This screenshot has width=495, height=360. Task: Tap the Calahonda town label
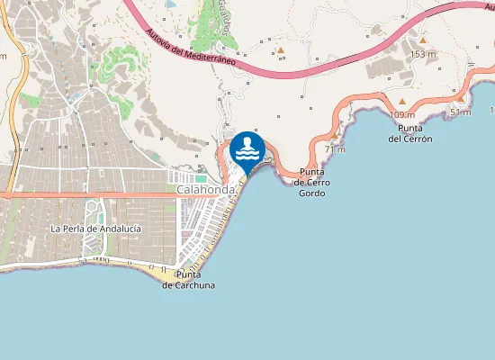click(x=206, y=191)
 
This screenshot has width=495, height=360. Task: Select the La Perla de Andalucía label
click(x=95, y=229)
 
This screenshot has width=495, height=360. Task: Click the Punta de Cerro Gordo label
click(x=311, y=182)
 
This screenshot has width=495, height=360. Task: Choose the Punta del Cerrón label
click(x=410, y=133)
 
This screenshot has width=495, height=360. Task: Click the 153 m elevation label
click(x=423, y=55)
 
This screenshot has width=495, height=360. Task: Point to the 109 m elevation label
click(x=402, y=114)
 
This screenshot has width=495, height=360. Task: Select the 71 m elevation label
click(x=335, y=149)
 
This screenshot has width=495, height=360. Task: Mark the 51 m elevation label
click(x=460, y=112)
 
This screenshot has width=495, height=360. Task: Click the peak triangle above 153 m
click(x=422, y=40)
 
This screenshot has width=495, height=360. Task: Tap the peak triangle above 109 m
click(x=402, y=102)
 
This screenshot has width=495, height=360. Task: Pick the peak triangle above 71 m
click(x=335, y=137)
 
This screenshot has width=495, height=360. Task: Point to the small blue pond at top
click(x=170, y=4)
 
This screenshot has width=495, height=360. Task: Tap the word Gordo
click(x=311, y=193)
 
